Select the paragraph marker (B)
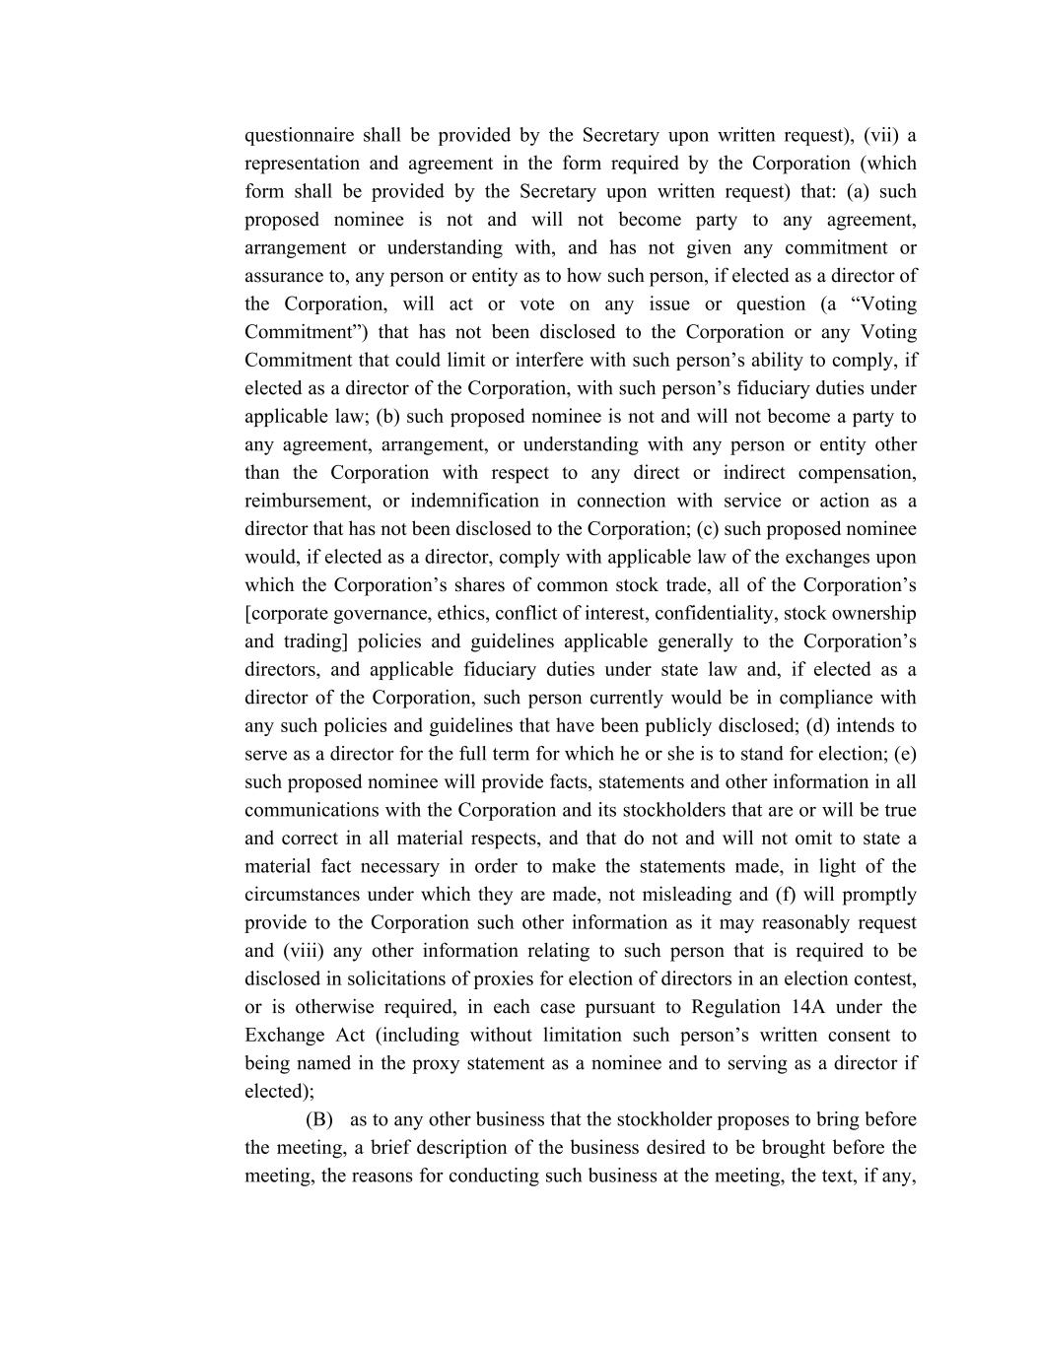[319, 1119]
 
